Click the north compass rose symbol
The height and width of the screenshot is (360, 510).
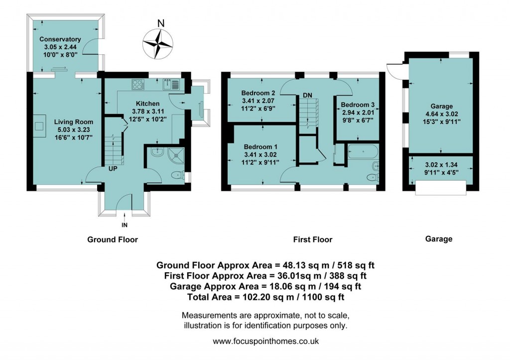pos(159,42)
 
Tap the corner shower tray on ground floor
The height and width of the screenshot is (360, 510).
pos(174,155)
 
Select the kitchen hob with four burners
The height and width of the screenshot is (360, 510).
pos(138,83)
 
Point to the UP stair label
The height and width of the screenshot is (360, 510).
pos(113,169)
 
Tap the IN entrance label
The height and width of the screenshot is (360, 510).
pos(124,225)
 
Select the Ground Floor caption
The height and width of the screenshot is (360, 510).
pos(113,240)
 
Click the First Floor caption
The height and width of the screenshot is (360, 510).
pos(312,240)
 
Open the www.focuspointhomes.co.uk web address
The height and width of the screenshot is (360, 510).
pos(265,342)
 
